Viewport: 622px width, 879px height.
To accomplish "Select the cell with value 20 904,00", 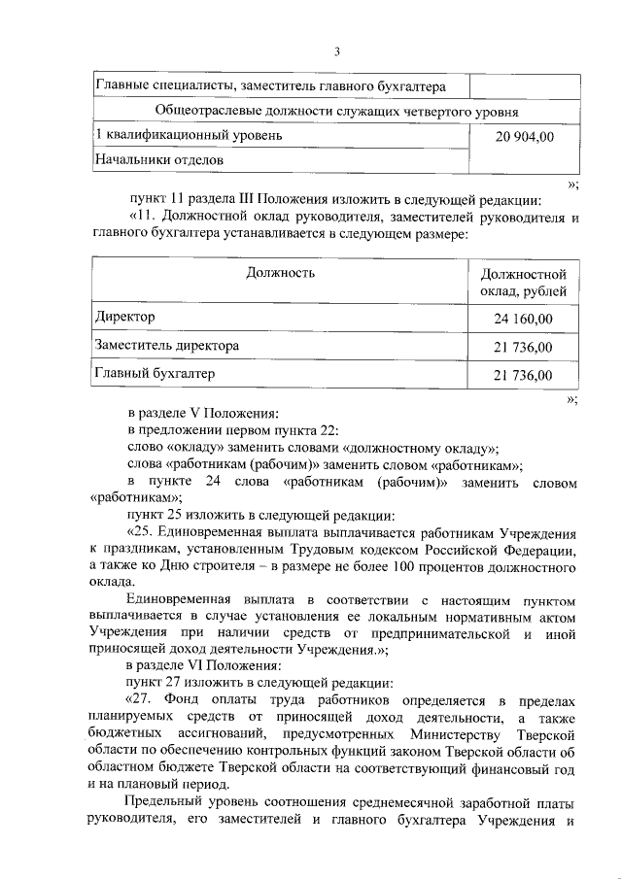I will pos(524,137).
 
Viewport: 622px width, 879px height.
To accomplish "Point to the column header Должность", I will pos(280,273).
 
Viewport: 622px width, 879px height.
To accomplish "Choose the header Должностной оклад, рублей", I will pos(524,284).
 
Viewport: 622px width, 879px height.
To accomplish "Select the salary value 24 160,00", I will pos(524,318).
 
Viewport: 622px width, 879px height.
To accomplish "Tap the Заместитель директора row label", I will pos(166,345).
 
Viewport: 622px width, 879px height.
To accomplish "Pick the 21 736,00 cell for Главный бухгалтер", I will pos(524,375).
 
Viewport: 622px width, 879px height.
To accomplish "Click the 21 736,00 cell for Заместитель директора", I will pos(524,347).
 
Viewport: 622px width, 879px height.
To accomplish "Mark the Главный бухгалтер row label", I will pos(154,373).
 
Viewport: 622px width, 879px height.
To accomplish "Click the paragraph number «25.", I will pos(142,533).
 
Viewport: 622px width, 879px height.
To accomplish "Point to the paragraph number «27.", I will pos(142,700).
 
